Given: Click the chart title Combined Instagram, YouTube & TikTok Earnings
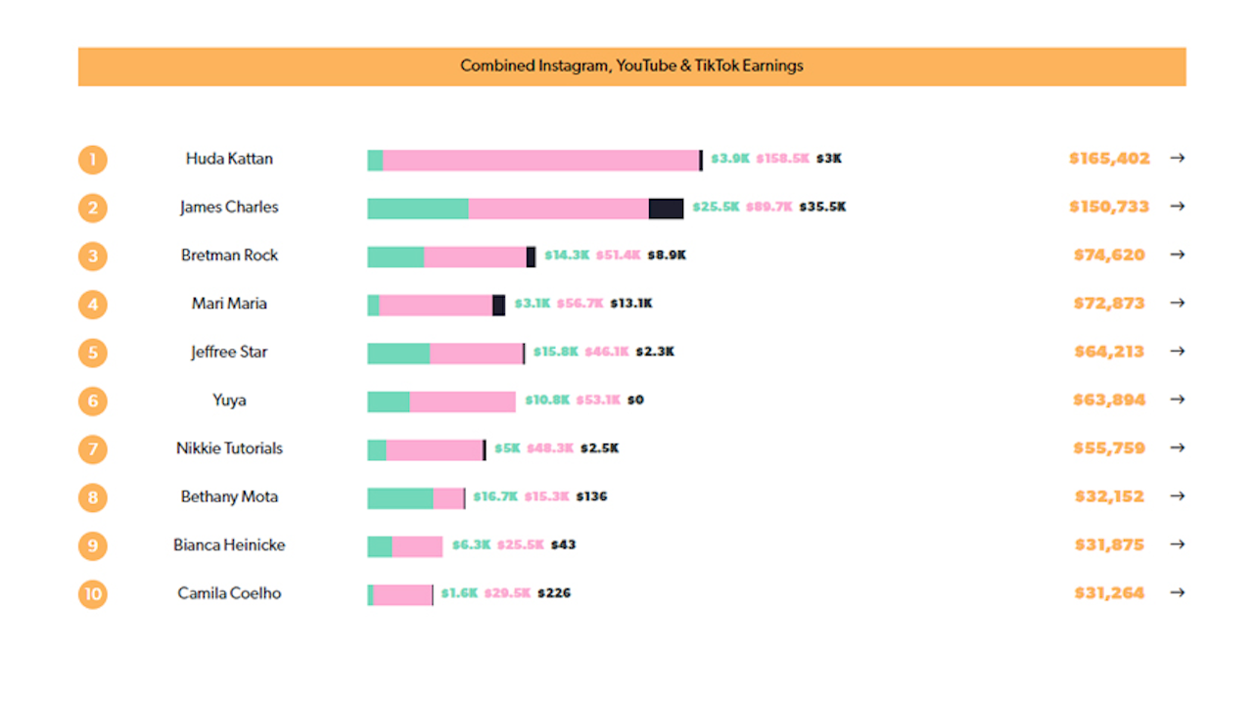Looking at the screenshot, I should pos(631,67).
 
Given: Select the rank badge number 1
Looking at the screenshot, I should pos(93,160).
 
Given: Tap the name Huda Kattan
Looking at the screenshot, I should pos(229,159).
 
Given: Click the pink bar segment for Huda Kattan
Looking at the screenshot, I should pos(540,161).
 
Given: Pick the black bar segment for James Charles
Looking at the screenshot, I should pos(666,209).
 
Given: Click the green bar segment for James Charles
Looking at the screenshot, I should pos(418,209).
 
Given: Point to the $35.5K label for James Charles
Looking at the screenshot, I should pos(822,208).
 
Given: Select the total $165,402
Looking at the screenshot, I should pos(1109,159).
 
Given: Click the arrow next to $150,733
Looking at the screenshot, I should pos(1177,207).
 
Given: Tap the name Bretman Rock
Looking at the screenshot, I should pos(229,256).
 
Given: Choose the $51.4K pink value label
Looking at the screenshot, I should pos(618,256).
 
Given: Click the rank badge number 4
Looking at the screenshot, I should pos(93,305).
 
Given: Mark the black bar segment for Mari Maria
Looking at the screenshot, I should pos(498,305).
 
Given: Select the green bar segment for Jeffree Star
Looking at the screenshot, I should pos(398,353).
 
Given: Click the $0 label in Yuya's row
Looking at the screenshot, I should pos(635,400).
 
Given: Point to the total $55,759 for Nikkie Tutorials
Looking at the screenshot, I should pos(1109,448).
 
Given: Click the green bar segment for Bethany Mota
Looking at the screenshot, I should pos(399,498).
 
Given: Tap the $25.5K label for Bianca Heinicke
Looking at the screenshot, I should pos(520,545).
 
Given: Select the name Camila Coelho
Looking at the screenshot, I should pos(229,593).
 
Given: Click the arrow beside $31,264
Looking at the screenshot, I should pos(1177,592).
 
